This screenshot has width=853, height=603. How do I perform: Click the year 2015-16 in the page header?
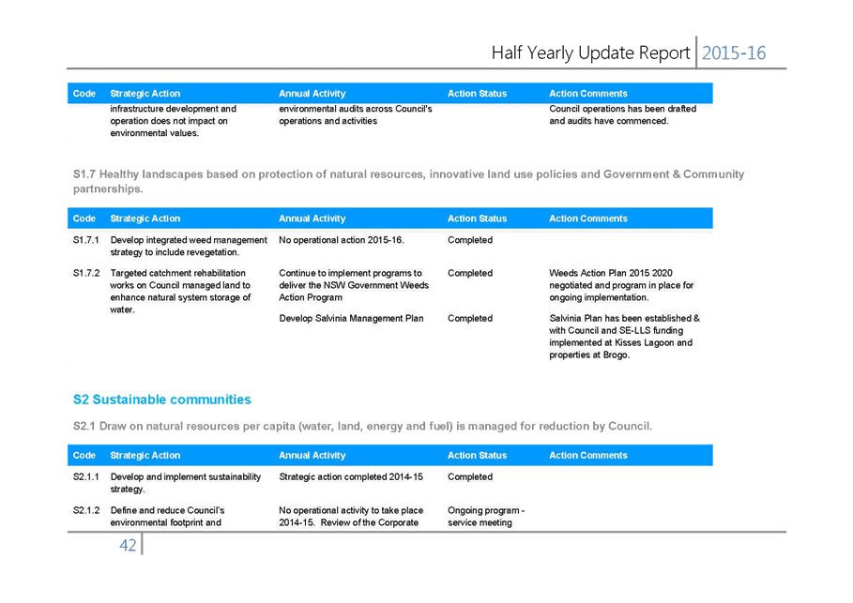point(733,53)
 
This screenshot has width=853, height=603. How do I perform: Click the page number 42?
point(128,545)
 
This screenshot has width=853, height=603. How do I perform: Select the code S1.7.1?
point(86,240)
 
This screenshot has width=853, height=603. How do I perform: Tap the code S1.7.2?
point(86,273)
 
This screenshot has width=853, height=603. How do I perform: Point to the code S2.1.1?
point(86,476)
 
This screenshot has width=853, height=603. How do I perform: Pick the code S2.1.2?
point(86,510)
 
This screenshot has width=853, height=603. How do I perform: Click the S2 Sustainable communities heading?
point(162,399)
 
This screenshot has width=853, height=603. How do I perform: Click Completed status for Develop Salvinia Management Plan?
point(470,318)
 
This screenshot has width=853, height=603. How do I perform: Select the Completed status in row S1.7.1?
point(470,240)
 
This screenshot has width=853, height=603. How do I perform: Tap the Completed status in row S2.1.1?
point(470,476)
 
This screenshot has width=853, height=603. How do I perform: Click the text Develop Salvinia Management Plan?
point(351,318)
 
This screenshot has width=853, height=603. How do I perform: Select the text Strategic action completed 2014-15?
point(351,476)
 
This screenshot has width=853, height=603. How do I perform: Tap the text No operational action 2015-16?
point(342,240)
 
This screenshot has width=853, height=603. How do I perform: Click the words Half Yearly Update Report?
point(590,53)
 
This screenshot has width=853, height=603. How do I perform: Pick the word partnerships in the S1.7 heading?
point(108,189)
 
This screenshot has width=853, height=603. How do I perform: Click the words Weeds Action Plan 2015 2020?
point(610,273)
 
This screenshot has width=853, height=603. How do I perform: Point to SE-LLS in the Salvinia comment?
point(635,331)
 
